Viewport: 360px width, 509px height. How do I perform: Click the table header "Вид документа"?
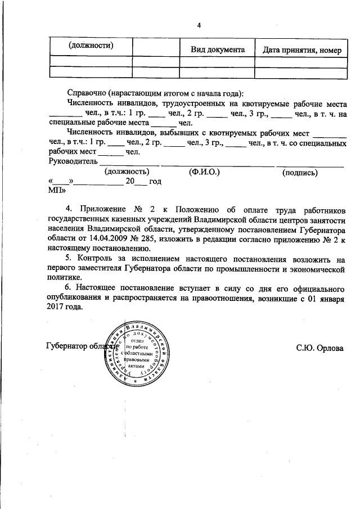[217, 49]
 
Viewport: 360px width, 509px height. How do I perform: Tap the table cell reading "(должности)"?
[91, 45]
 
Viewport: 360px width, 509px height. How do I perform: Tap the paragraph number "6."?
[70, 288]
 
